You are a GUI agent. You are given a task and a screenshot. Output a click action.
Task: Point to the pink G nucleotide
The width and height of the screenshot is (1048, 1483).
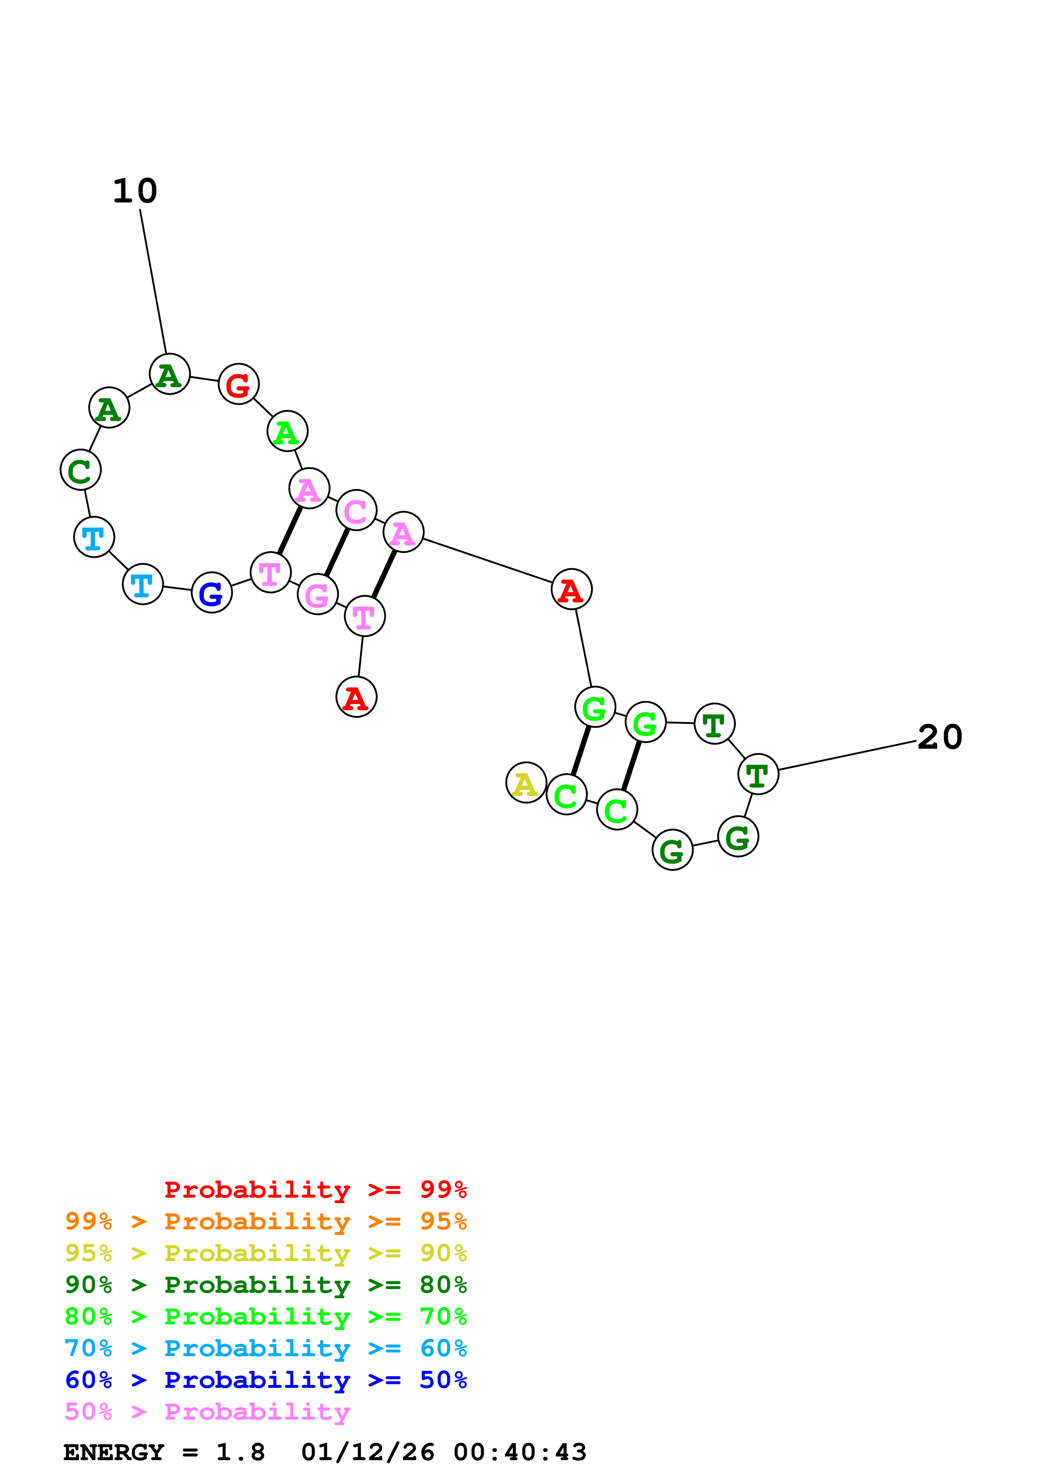click(317, 594)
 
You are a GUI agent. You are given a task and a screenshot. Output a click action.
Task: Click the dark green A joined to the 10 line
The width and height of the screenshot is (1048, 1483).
click(169, 374)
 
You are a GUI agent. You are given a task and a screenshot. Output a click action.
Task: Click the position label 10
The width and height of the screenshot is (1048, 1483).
click(135, 191)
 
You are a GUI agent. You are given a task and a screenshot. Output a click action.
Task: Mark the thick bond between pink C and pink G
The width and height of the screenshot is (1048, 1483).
click(337, 552)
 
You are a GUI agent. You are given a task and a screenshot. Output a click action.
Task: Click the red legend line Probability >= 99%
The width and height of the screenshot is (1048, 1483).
click(315, 1189)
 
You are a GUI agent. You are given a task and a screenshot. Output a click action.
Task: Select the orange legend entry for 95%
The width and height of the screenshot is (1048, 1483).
click(266, 1221)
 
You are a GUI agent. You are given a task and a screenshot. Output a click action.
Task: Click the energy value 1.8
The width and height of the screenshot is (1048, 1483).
click(240, 1453)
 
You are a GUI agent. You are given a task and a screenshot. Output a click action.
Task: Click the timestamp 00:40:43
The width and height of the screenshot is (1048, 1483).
click(520, 1453)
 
